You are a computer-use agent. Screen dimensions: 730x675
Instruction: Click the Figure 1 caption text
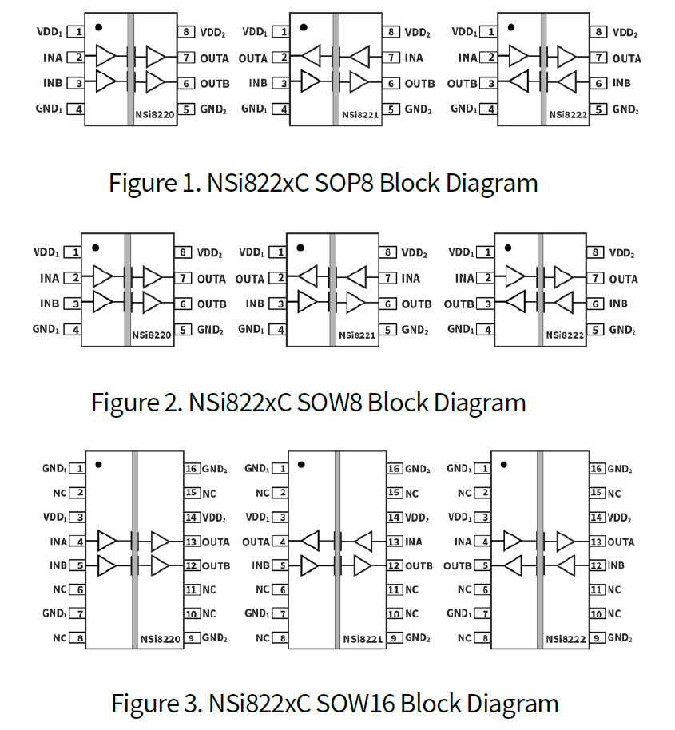pyautogui.click(x=323, y=182)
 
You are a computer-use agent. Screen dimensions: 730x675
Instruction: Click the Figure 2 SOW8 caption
pyautogui.click(x=308, y=401)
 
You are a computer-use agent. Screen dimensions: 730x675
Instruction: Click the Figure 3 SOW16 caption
pyautogui.click(x=334, y=704)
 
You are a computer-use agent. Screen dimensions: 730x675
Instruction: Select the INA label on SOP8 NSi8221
pyautogui.click(x=414, y=58)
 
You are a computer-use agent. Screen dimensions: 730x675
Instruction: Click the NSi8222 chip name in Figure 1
pyautogui.click(x=568, y=116)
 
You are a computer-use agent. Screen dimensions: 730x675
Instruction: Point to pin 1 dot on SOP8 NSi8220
pyautogui.click(x=98, y=26)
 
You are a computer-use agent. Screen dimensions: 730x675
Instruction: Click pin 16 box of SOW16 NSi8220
pyautogui.click(x=192, y=469)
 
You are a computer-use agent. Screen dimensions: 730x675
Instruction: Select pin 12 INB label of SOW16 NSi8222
pyautogui.click(x=616, y=565)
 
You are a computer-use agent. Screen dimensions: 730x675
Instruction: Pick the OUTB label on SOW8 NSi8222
pyautogui.click(x=459, y=304)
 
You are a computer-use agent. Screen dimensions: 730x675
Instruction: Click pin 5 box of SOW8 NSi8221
pyautogui.click(x=387, y=329)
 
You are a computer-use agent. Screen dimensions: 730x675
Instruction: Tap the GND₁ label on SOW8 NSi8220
pyautogui.click(x=46, y=329)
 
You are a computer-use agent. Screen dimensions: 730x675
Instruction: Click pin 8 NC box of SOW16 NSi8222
pyautogui.click(x=485, y=638)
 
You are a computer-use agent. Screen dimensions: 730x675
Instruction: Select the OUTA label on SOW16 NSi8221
pyautogui.click(x=256, y=542)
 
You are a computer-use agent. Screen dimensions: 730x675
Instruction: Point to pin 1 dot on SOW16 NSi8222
pyautogui.click(x=503, y=463)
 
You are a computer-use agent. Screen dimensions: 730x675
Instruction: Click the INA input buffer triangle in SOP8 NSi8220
pyautogui.click(x=105, y=56)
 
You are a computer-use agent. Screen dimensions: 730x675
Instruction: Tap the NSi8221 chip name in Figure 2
pyautogui.click(x=357, y=335)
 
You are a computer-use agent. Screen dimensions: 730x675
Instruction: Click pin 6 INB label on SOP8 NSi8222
pyautogui.click(x=621, y=83)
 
